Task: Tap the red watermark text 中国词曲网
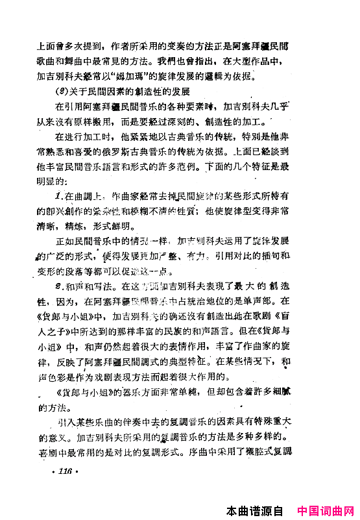[x=326, y=510]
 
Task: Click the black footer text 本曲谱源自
[x=256, y=510]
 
